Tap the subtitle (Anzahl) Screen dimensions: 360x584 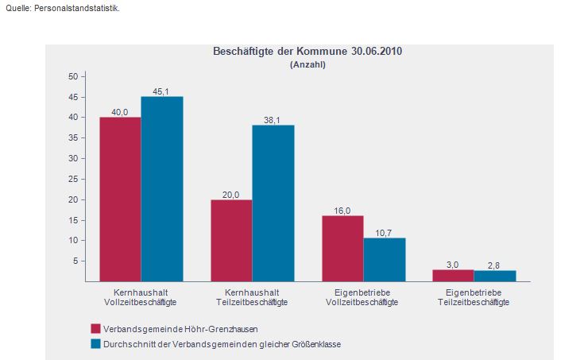point(307,65)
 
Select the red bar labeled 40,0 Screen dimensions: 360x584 point(120,199)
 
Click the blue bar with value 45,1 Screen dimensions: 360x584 point(162,188)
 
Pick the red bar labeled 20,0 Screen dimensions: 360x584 point(231,240)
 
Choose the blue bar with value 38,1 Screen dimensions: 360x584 point(273,203)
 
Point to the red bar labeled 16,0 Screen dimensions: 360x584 point(342,248)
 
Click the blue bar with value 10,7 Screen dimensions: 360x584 point(385,259)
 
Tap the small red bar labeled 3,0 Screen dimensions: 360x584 point(454,275)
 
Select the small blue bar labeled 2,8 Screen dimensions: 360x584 point(495,276)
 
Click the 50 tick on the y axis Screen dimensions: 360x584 point(72,76)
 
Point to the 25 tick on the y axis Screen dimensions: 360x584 point(72,179)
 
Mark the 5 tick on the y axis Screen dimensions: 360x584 point(75,261)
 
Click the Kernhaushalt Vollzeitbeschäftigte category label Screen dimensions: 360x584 point(141,297)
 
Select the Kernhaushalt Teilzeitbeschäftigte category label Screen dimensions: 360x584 point(252,297)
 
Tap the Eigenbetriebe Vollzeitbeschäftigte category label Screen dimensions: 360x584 point(363,297)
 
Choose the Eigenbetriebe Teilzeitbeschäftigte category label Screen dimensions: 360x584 point(474,297)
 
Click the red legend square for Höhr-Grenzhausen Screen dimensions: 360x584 point(95,328)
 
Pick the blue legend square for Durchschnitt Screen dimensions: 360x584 point(95,343)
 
